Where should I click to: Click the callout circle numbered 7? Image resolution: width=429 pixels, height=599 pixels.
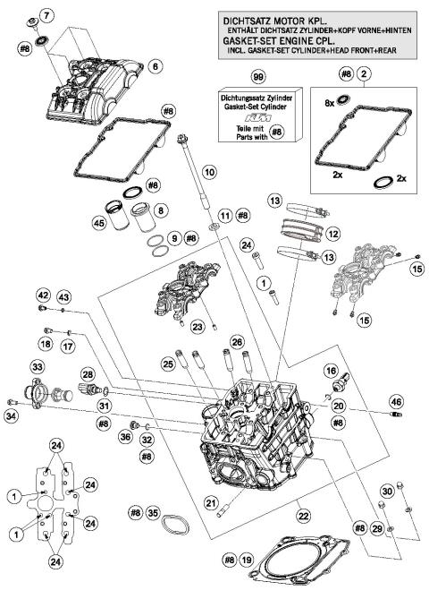(x=46, y=13)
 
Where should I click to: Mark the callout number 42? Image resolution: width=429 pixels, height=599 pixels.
(x=43, y=295)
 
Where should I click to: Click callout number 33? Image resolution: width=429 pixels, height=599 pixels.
(x=37, y=367)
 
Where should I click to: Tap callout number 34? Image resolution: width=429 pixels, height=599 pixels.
(x=12, y=415)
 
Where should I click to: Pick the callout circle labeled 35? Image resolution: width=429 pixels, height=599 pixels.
(x=154, y=513)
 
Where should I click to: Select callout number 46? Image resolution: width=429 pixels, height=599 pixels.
(x=396, y=403)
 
